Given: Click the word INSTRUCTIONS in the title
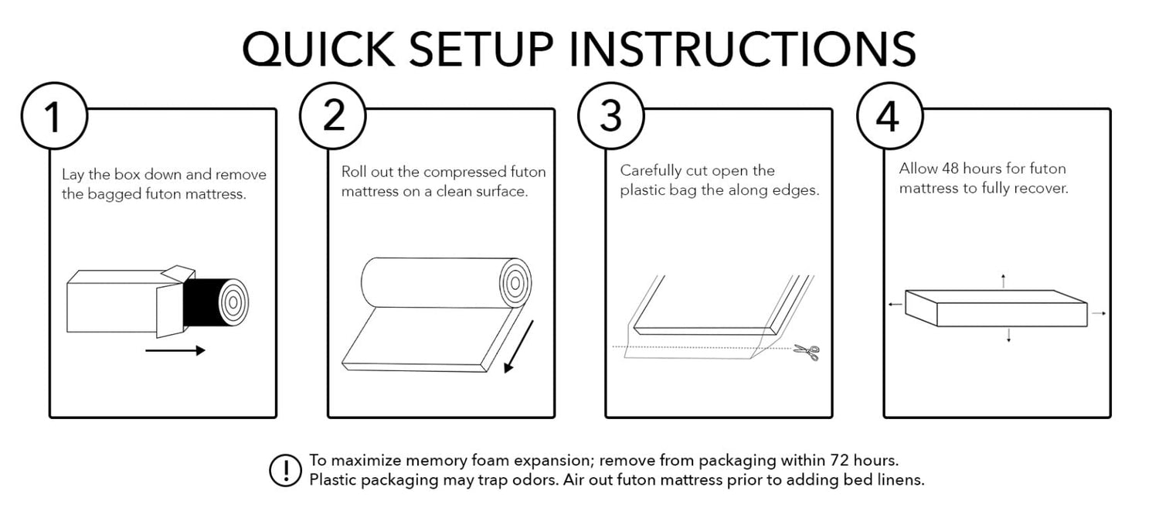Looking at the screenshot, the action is [x=743, y=49].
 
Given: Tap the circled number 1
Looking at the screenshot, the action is [x=54, y=116].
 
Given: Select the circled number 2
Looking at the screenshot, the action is [x=333, y=116].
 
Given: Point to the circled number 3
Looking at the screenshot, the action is [x=611, y=116].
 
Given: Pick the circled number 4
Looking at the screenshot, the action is [x=889, y=116].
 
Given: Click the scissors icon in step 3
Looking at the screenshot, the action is [x=807, y=353].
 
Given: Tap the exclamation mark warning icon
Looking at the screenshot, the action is [x=285, y=470].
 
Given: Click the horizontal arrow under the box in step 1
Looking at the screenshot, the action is [x=175, y=350].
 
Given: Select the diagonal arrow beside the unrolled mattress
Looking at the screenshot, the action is [x=518, y=346].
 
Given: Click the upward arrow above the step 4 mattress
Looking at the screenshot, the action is [x=1003, y=281].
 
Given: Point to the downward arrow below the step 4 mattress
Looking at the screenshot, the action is [x=1008, y=335].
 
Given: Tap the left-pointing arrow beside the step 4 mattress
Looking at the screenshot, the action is [x=895, y=305].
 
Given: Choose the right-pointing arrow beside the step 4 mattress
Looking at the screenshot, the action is [x=1099, y=313].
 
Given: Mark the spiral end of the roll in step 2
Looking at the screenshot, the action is [x=515, y=283].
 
